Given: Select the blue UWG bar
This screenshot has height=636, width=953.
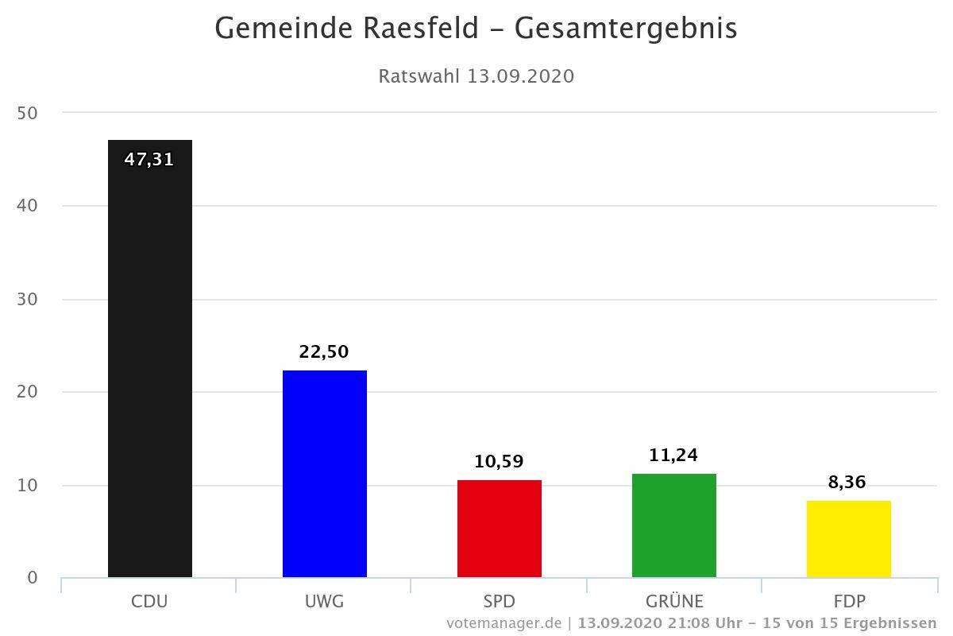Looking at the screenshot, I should click(x=324, y=474).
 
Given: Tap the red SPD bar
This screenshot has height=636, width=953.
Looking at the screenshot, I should click(x=499, y=529).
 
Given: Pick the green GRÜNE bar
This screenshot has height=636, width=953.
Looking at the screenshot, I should click(x=673, y=525).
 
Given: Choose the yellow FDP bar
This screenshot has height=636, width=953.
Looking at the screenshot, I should click(x=848, y=539).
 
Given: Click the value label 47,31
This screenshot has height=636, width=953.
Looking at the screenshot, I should click(x=149, y=160).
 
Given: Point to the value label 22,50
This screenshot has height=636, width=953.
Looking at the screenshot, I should click(x=324, y=351).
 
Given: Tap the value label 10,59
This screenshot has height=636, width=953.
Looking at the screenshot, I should click(x=499, y=462).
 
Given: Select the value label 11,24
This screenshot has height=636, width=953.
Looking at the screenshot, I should click(x=673, y=456).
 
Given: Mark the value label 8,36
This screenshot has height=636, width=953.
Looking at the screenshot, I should click(x=848, y=482).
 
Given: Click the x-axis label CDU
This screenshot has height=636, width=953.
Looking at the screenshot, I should click(x=149, y=601).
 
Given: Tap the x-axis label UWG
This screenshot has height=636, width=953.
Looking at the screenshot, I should click(x=324, y=601).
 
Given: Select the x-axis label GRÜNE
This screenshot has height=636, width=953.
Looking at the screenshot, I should click(x=674, y=601).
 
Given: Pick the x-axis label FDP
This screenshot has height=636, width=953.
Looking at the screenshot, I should click(x=848, y=601).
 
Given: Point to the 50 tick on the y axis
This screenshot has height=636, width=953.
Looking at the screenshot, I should click(x=27, y=114).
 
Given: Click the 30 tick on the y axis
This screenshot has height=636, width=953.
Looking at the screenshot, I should click(x=27, y=300).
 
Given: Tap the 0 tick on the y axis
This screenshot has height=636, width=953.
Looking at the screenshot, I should click(x=32, y=578).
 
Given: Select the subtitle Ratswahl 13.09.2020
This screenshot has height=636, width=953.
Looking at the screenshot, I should click(x=476, y=76).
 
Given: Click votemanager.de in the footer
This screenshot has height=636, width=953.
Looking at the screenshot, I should click(x=504, y=622).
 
